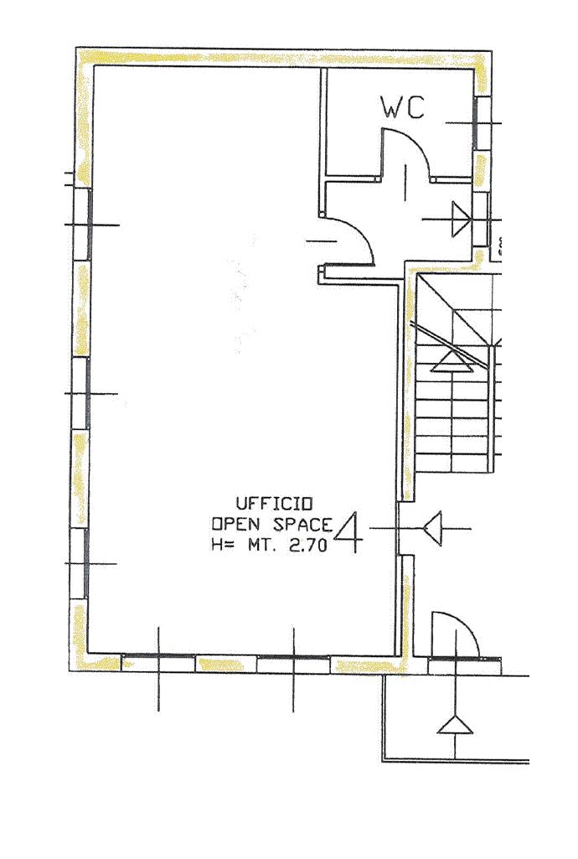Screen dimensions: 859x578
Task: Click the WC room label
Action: tap(403, 108)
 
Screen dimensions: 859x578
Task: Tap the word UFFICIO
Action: tap(274, 504)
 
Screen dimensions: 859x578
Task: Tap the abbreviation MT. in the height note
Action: tap(263, 546)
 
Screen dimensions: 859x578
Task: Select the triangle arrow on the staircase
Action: tap(452, 360)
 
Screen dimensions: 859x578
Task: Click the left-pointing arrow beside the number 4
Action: tap(432, 529)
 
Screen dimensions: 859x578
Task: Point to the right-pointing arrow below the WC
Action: tap(460, 220)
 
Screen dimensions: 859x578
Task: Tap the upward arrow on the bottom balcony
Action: tap(455, 724)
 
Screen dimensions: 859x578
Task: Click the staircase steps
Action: tap(452, 419)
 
